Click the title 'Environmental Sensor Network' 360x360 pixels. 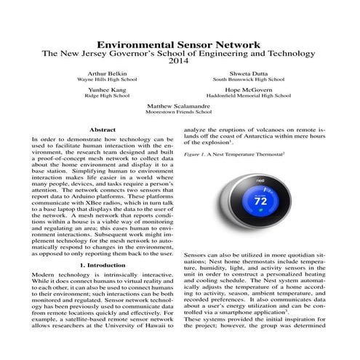180,44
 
